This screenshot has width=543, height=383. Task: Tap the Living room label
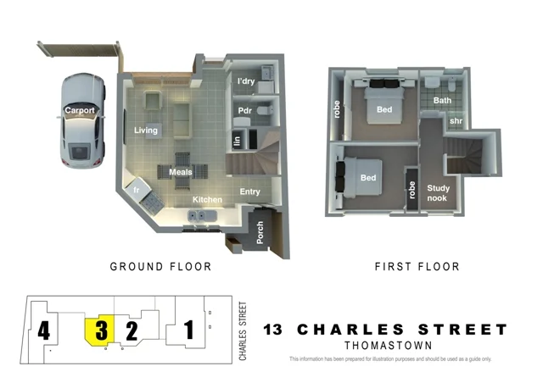click(147, 130)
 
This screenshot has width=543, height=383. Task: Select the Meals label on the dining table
click(181, 172)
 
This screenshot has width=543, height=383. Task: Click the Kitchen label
click(207, 200)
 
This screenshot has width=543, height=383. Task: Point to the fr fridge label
click(136, 191)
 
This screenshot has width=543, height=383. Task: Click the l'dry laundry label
click(246, 81)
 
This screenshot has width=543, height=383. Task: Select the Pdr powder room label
click(245, 110)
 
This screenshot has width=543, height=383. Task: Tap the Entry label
click(250, 191)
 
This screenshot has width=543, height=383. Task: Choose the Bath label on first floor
click(443, 100)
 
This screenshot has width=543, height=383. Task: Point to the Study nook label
click(439, 193)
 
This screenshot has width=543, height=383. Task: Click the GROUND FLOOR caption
click(161, 267)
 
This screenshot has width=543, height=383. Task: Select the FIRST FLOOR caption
click(417, 267)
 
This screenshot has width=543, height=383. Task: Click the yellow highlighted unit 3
click(101, 330)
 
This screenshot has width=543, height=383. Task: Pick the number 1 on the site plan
click(189, 329)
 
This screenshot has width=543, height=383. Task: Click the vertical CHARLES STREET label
click(243, 331)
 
